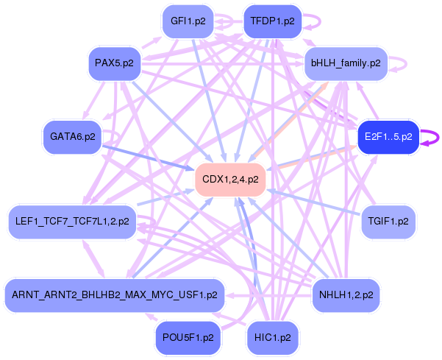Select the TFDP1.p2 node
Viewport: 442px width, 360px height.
pos(272,21)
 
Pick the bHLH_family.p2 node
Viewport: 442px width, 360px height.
pos(345,63)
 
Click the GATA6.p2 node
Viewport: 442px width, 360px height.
pos(73,137)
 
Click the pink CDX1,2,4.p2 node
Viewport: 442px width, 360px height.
pos(230,179)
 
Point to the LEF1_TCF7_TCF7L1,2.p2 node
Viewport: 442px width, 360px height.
pos(72,221)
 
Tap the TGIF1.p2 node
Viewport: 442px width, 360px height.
pos(388,221)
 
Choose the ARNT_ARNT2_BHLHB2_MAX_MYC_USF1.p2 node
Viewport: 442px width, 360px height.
pos(115,295)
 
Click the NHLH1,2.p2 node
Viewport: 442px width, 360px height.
pos(346,295)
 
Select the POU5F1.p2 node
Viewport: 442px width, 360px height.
pos(188,337)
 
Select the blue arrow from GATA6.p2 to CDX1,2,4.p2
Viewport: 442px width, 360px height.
pos(147,158)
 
